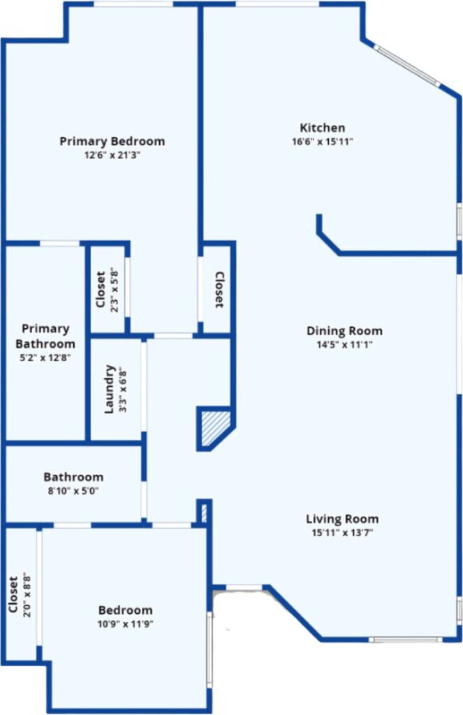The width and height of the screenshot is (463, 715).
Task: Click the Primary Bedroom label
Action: (112, 141)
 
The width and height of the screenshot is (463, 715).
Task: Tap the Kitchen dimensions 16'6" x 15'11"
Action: (323, 142)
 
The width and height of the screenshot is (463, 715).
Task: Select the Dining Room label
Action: (344, 331)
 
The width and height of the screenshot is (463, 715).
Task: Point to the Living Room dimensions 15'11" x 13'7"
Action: (342, 533)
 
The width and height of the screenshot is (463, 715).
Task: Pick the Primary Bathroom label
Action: (45, 336)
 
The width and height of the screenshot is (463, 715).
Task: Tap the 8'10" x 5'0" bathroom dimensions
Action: (73, 491)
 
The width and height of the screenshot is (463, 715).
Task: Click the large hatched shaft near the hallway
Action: (215, 428)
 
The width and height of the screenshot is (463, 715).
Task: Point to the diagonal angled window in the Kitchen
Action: (406, 65)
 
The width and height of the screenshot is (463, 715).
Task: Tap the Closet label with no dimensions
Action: (219, 290)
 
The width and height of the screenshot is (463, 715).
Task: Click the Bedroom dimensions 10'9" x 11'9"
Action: (125, 624)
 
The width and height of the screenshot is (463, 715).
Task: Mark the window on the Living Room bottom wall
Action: (405, 640)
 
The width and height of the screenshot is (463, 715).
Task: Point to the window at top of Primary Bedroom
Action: (133, 4)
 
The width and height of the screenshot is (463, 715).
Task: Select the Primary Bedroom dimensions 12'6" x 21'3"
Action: (112, 155)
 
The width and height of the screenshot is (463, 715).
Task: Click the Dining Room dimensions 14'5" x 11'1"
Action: (344, 345)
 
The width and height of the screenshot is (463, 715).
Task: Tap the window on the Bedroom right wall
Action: (210, 649)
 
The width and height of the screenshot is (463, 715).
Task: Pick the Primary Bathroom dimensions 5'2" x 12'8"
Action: (45, 358)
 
